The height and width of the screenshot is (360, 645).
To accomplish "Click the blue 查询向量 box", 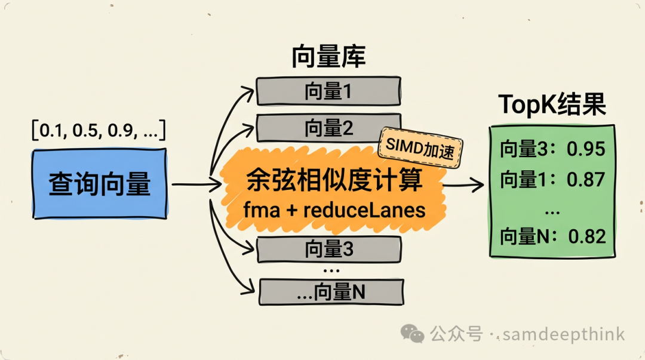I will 99,184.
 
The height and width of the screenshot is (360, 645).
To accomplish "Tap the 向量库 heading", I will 328,58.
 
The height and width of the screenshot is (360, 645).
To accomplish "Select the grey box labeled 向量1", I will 328,91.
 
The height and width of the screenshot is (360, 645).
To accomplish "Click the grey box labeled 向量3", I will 328,250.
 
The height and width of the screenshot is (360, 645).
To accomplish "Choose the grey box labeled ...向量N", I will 330,292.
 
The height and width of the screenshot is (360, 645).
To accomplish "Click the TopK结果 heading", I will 552,105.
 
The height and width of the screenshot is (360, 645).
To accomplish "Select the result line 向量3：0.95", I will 552,149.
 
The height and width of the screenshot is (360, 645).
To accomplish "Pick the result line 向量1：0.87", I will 552,179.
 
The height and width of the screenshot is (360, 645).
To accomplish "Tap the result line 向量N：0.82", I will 552,236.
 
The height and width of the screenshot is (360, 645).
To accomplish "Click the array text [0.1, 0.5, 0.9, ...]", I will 99,130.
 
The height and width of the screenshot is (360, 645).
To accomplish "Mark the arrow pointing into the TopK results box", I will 466,184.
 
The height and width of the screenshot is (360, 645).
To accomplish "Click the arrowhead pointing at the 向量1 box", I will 250,91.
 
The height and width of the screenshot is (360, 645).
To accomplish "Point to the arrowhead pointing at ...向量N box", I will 250,291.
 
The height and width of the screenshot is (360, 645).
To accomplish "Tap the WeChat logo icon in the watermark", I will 413,333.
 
